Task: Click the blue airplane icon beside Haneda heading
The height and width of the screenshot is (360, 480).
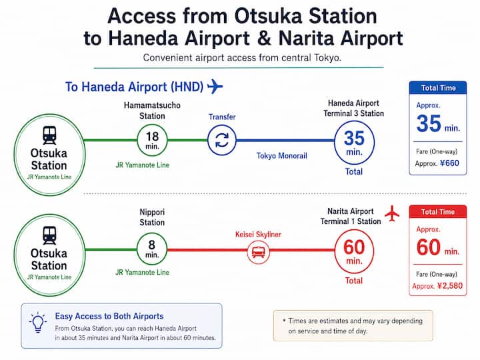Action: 215,86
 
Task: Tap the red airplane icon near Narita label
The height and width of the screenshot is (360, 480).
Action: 392,213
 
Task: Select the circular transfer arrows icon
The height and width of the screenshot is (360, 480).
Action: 222,140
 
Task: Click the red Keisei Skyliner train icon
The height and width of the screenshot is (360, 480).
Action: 259,251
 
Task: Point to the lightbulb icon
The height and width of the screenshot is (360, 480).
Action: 38,323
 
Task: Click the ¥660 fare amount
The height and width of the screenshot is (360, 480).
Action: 449,163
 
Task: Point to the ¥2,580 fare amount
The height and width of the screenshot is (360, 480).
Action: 450,286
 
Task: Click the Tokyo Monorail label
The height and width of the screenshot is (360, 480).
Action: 281,156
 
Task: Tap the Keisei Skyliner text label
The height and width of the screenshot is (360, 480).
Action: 258,235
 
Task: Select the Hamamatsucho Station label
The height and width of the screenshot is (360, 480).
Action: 152,111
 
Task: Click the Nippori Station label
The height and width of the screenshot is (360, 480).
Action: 152,217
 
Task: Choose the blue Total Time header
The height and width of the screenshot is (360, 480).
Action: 438,88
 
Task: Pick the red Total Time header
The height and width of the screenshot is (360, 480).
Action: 438,211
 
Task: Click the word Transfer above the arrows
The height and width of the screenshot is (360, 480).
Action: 222,117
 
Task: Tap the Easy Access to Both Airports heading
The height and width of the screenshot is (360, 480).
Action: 109,316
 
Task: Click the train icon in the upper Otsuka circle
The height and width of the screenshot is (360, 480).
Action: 49,135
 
